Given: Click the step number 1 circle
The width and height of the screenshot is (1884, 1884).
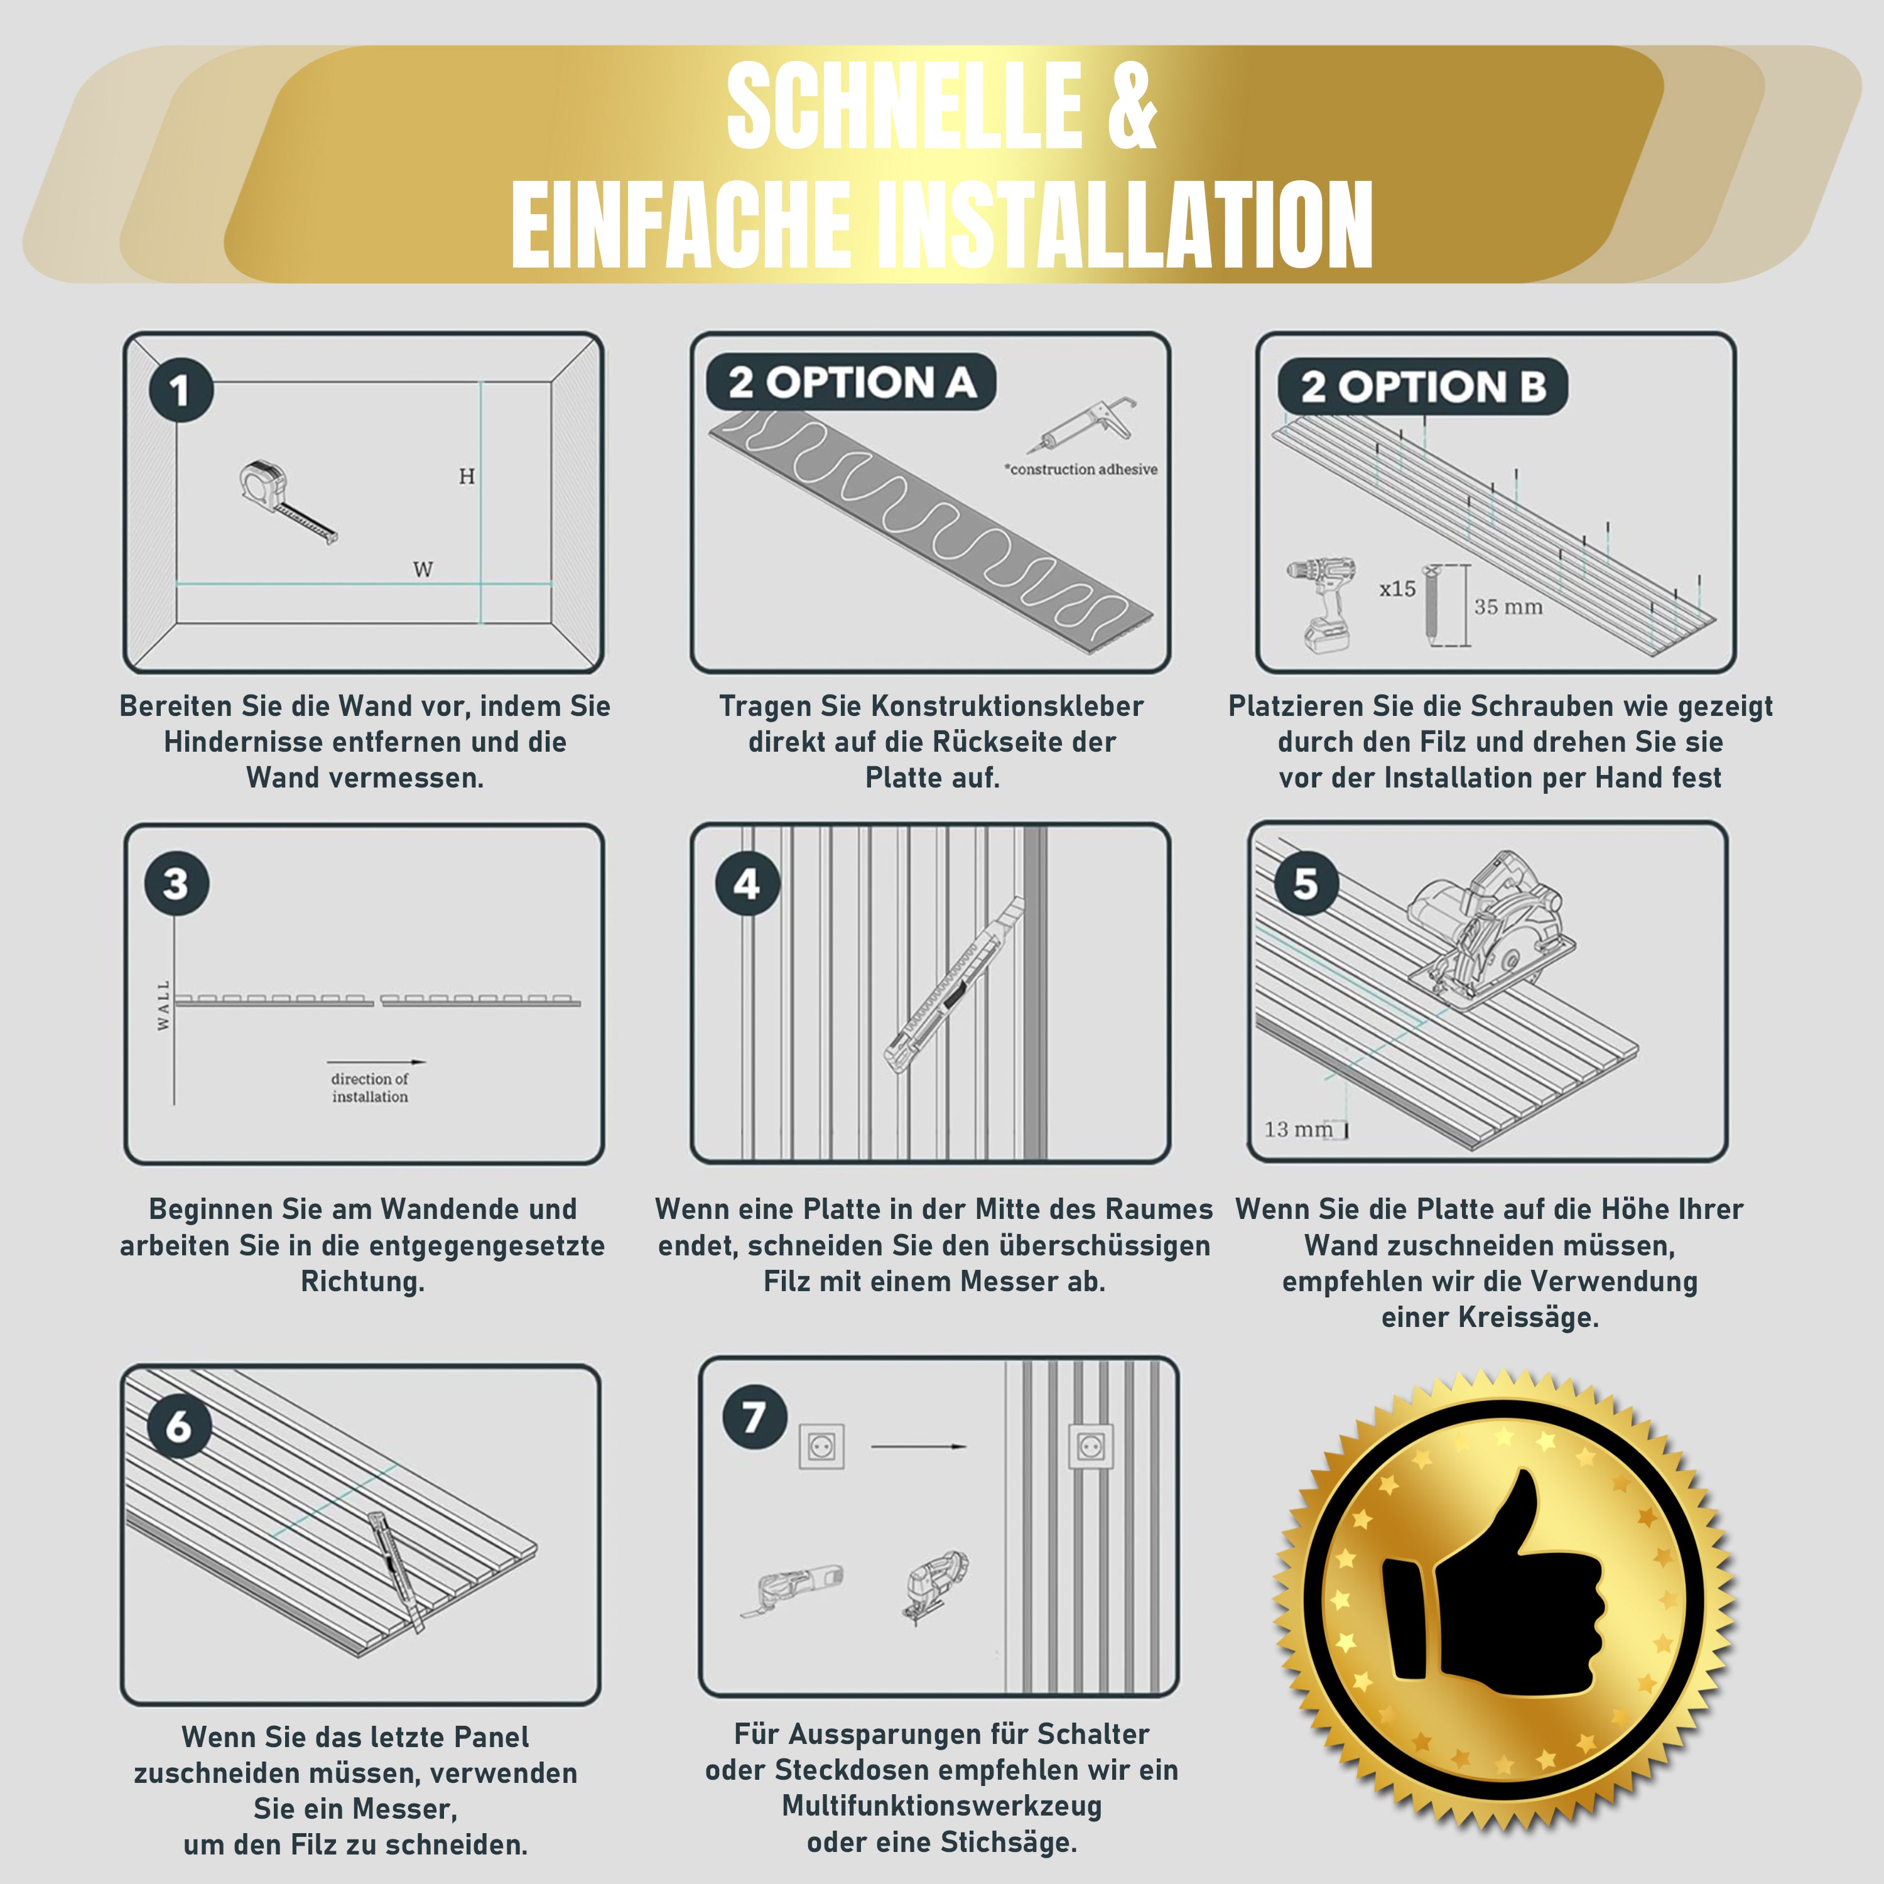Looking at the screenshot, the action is tap(180, 390).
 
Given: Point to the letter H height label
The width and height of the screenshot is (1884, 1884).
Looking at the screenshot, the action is tap(467, 476).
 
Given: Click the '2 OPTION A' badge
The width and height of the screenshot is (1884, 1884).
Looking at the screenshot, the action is tap(850, 382).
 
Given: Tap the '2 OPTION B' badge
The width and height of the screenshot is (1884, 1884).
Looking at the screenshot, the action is tap(1422, 387).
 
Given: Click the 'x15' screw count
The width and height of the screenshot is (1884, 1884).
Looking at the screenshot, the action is tap(1397, 589).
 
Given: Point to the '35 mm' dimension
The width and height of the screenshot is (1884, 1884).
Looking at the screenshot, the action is tap(1508, 607).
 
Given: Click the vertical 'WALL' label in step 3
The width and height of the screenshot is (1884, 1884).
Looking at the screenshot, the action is tap(164, 1005).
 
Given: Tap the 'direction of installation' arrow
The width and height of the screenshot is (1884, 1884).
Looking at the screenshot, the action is tap(376, 1062).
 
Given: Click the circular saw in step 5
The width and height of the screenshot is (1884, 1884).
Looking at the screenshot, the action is tap(1491, 928).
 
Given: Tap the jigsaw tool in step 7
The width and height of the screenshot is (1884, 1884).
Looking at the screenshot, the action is tap(937, 1586).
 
